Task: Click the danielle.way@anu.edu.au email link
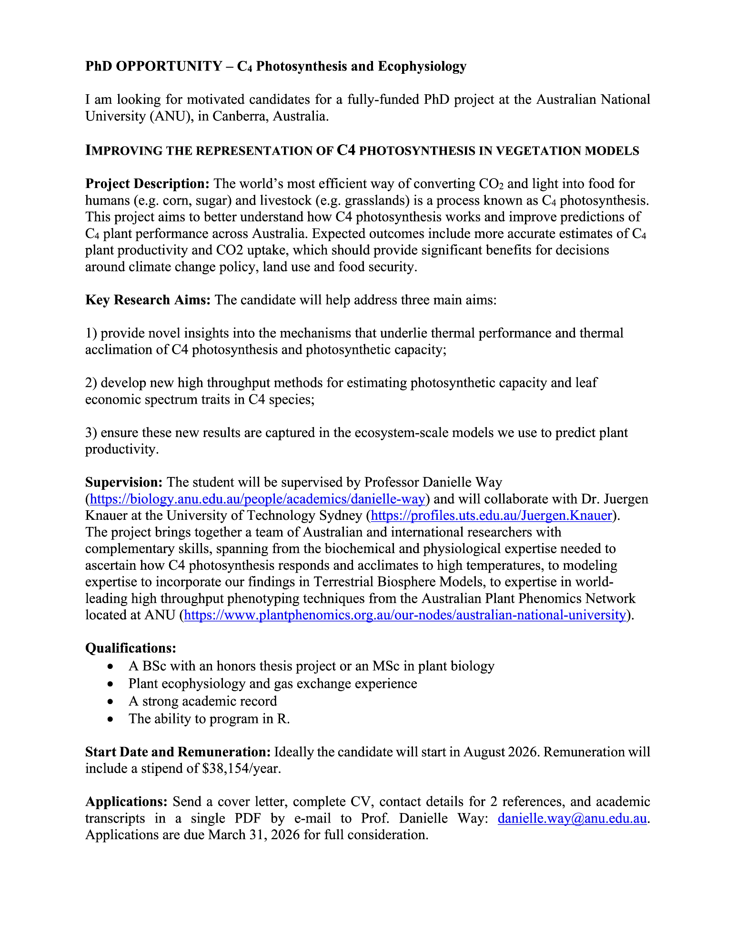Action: click(572, 818)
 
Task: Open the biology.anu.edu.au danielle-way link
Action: click(257, 499)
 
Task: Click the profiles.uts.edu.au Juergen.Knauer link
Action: click(491, 516)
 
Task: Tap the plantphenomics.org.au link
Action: click(404, 615)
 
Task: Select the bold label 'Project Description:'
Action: click(147, 184)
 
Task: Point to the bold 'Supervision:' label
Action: click(124, 482)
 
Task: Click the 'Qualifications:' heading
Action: click(131, 648)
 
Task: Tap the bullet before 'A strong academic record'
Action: click(111, 702)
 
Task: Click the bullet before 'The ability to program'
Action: click(111, 719)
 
